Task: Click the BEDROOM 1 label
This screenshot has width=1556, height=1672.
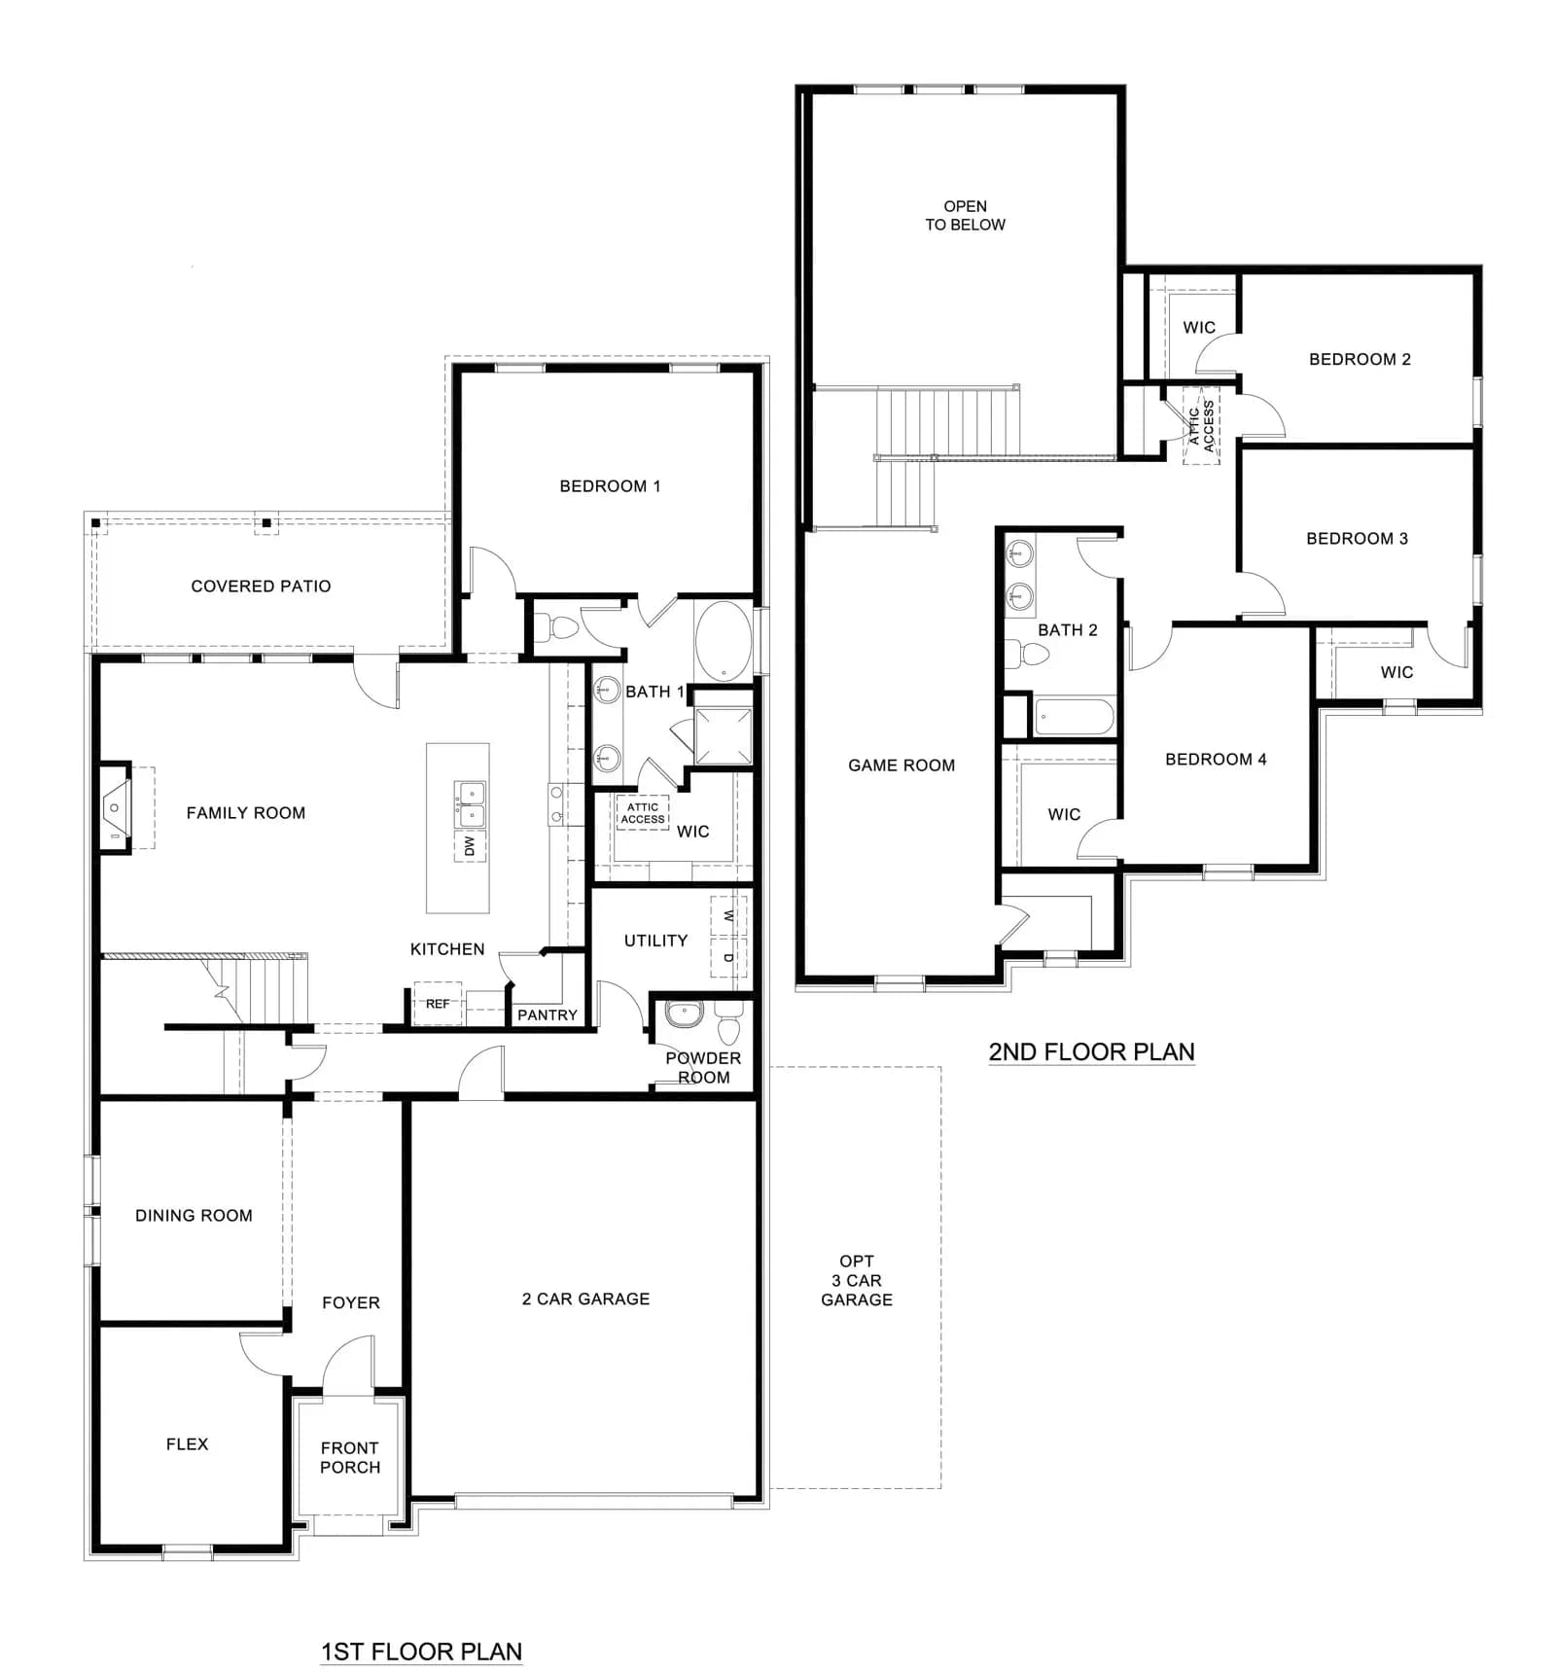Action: (x=610, y=486)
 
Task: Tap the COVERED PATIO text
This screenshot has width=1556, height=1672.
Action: (x=261, y=587)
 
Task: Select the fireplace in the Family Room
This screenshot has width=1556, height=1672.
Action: (x=116, y=808)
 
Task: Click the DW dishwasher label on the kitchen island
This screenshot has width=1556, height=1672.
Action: (x=470, y=846)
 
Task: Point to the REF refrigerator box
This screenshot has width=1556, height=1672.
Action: (x=438, y=1004)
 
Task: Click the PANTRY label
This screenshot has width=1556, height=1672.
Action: (x=548, y=1015)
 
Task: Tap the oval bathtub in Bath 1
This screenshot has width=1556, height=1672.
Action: (x=723, y=641)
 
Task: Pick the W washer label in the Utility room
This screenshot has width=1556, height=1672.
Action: (x=728, y=917)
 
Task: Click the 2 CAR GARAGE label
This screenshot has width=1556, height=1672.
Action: (x=585, y=1299)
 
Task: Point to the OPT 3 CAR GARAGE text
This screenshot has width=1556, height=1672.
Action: (x=857, y=1281)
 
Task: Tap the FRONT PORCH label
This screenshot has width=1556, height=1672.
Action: (x=350, y=1458)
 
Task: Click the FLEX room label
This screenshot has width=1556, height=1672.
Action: (x=187, y=1444)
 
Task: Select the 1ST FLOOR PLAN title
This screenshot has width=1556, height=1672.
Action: (x=421, y=1652)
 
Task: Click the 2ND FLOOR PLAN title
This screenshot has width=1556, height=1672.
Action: (x=1091, y=1051)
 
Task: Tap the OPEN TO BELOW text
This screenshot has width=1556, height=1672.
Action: (x=965, y=215)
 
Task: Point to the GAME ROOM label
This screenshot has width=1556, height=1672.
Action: (x=902, y=765)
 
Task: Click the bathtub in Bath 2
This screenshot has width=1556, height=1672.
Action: (x=1074, y=718)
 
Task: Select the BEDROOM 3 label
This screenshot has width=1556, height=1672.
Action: (x=1357, y=539)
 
